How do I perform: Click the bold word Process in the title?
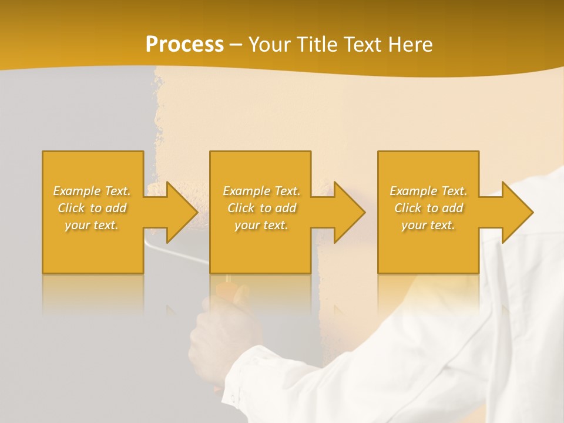click(x=184, y=44)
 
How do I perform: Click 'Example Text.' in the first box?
click(x=92, y=191)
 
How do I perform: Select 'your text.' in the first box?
click(x=92, y=225)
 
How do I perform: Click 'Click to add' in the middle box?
click(x=261, y=208)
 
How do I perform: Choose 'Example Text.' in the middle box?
click(x=261, y=191)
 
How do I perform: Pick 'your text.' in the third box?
click(x=428, y=225)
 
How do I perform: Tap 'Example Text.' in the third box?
click(x=428, y=191)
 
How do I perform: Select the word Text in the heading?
click(x=364, y=44)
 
